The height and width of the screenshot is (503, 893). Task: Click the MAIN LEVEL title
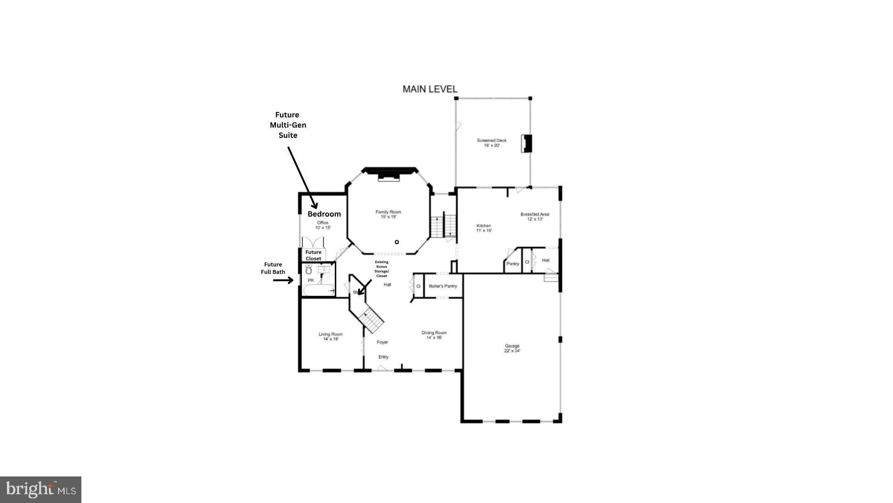(430, 89)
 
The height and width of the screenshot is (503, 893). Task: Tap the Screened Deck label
(491, 143)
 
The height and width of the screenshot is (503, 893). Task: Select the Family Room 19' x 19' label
(388, 214)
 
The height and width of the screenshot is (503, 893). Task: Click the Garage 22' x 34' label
(512, 348)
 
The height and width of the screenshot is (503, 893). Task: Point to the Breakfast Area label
(534, 217)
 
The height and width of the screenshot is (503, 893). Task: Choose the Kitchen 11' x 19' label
(484, 228)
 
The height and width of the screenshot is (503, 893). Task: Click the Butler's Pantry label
(443, 286)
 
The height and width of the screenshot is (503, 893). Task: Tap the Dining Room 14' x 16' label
(434, 335)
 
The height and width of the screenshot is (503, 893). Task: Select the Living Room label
(331, 336)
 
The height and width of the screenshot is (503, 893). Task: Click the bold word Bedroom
(324, 214)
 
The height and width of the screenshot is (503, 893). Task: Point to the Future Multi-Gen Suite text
(288, 125)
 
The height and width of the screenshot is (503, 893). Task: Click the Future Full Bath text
(273, 268)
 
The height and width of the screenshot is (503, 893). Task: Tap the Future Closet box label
(313, 255)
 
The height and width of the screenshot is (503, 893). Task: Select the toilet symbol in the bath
(309, 270)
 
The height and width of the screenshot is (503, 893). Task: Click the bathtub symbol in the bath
(319, 290)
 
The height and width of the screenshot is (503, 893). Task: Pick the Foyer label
(382, 342)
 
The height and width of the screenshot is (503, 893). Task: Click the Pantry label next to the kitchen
(513, 264)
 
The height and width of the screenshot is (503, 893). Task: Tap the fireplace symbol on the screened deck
(526, 143)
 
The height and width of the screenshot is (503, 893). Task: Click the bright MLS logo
(41, 489)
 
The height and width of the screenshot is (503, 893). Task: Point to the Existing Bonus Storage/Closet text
(381, 269)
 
